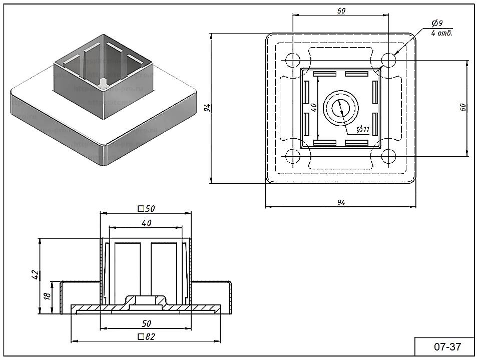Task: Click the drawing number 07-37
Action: click(x=447, y=346)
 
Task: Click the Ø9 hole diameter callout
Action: click(x=436, y=24)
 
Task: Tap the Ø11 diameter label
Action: click(x=363, y=130)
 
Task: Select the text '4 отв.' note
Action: click(x=441, y=34)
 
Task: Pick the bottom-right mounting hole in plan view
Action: click(x=388, y=157)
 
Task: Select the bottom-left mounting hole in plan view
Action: click(x=292, y=157)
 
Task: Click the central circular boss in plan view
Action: click(x=340, y=108)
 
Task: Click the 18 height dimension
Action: click(x=47, y=296)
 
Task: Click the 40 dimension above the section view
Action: click(x=146, y=223)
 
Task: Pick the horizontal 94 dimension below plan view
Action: click(x=341, y=202)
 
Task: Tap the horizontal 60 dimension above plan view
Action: click(x=341, y=11)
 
